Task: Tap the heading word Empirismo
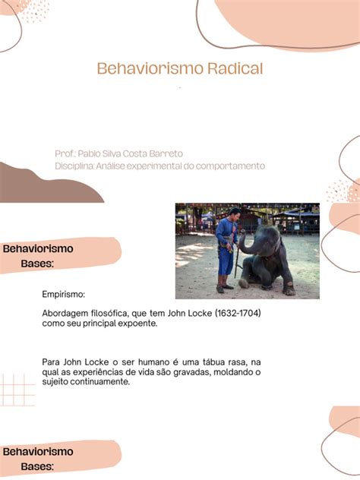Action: [63, 294]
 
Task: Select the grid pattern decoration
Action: [17, 390]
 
